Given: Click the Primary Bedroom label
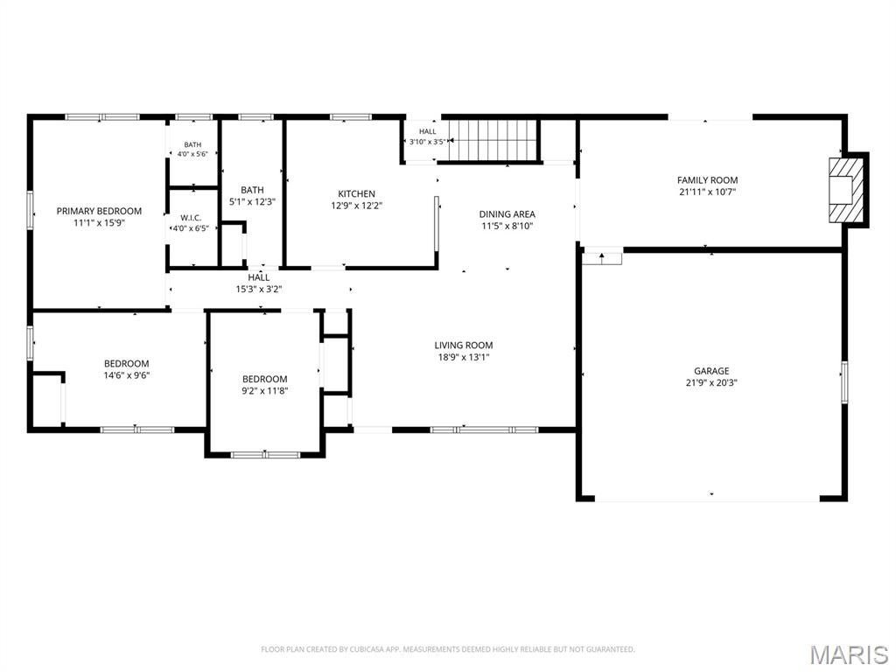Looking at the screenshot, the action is click(x=99, y=211).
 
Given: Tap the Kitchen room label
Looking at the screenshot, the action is click(x=357, y=193).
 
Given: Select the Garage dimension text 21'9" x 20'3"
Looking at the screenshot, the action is click(x=711, y=383).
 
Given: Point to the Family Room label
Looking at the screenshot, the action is click(x=707, y=180).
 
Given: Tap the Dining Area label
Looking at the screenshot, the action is click(x=507, y=214).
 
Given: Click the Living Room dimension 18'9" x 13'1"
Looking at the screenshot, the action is click(x=464, y=357).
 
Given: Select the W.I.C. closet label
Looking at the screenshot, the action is click(x=191, y=218).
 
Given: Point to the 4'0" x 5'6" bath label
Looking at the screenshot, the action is click(x=192, y=154).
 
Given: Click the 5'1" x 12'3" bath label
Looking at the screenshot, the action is click(x=252, y=202).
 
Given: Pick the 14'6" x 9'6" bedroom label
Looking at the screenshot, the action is click(x=126, y=375).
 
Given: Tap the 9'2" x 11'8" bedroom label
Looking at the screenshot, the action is click(x=264, y=391).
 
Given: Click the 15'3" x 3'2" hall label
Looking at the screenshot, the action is click(x=259, y=289).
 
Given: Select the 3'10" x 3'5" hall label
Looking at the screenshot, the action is click(x=427, y=142).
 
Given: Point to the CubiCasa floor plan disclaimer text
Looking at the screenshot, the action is click(x=447, y=649).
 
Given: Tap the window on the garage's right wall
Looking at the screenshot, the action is click(x=844, y=382).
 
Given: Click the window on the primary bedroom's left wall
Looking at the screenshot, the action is click(x=31, y=211).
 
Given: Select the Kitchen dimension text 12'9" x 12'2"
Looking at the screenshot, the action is click(x=357, y=206).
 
